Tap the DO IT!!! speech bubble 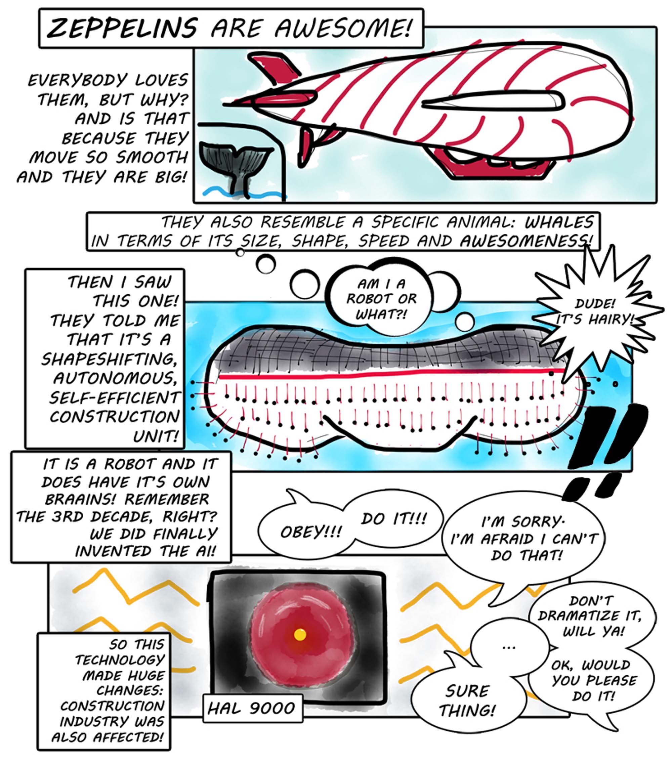click(392, 519)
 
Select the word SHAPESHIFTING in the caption click(109, 359)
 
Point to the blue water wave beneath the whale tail click(244, 194)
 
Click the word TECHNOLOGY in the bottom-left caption click(120, 660)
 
